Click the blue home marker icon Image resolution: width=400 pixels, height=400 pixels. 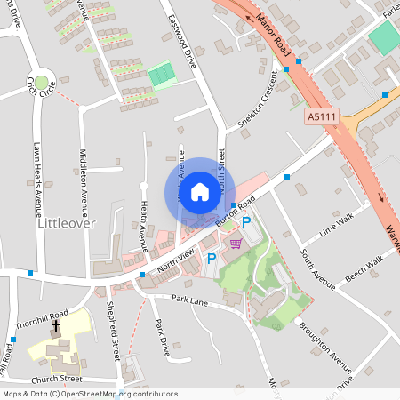pos(200,191)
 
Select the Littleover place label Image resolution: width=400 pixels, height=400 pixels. pos(66,223)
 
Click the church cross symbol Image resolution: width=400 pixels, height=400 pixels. pos(56,326)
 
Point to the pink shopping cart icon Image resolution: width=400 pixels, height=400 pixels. pos(236,242)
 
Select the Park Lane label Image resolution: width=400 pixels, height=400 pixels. pos(189,301)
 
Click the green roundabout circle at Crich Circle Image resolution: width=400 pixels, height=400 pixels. pos(40,82)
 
